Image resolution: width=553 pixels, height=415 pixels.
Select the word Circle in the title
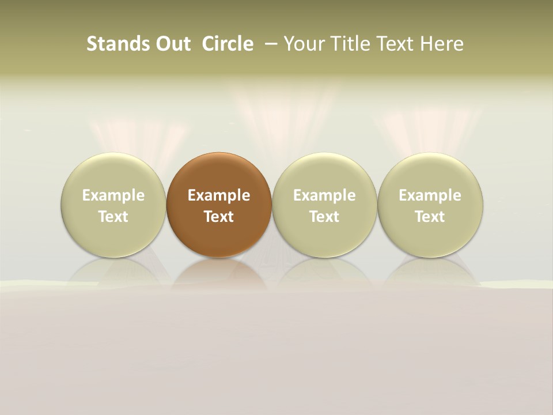tap(228, 44)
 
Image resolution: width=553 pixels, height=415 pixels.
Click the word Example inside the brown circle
tap(219, 195)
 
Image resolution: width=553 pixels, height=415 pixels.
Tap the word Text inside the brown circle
tap(219, 217)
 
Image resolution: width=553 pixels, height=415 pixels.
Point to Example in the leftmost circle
tap(113, 195)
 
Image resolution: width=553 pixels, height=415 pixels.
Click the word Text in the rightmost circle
tap(430, 217)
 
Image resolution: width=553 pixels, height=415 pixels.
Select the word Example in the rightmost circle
tap(430, 195)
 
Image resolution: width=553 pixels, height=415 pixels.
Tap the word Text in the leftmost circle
tap(113, 217)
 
